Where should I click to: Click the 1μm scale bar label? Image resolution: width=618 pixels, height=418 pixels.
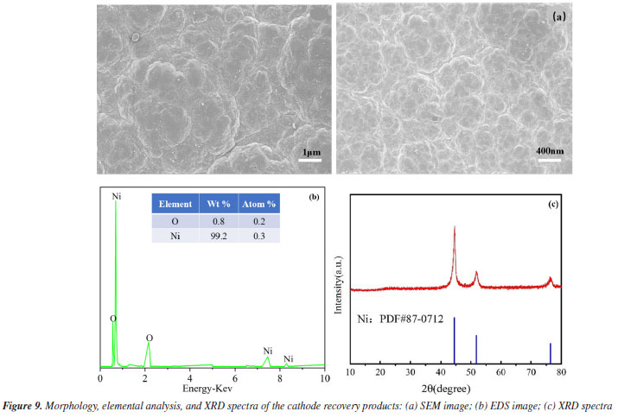[311, 152]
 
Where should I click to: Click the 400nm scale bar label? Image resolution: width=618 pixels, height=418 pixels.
[549, 151]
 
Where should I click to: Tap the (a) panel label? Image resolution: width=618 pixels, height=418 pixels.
[558, 16]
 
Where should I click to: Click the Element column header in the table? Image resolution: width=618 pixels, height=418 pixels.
[174, 205]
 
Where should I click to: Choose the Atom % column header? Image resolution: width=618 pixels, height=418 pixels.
[258, 205]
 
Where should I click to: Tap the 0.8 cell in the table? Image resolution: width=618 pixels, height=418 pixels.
[217, 219]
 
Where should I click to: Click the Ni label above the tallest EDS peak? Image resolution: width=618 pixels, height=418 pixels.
[117, 197]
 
